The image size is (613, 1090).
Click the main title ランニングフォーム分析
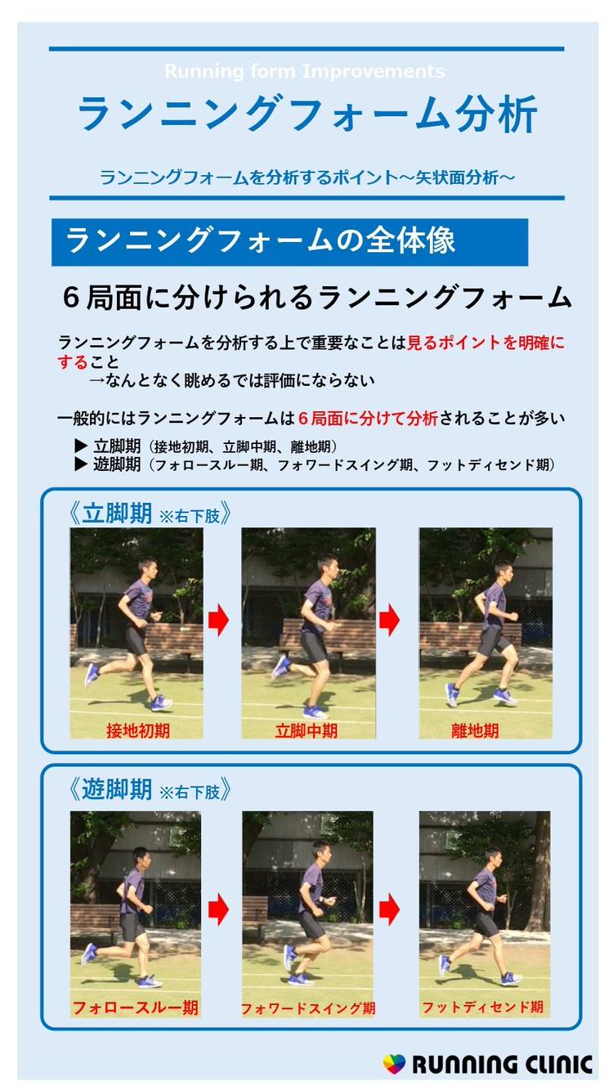coord(307,114)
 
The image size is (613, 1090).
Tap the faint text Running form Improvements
coord(305,71)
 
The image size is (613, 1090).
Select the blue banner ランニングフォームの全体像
coord(289,242)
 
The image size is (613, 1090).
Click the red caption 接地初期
coord(137,730)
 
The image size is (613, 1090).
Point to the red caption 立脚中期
coord(306,730)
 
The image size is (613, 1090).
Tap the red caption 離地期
coord(475,730)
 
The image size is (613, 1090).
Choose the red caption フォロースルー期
coord(135,1007)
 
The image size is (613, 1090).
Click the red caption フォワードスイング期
coord(308,1007)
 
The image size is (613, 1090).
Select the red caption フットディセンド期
coord(482,1007)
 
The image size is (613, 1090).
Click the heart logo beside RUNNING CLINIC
coord(394,1064)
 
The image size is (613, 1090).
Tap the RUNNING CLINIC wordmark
coord(503,1064)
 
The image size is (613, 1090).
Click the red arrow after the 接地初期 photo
coord(218,620)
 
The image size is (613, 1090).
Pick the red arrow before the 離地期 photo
coord(389,620)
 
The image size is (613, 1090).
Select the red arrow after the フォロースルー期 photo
coord(218,909)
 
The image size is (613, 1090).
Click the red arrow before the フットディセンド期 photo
coord(389,909)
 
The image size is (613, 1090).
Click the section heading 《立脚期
coord(110,514)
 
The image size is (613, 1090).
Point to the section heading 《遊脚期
coord(110,789)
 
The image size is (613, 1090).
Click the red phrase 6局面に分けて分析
coord(368,418)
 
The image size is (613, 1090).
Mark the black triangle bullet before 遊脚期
coord(81,464)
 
